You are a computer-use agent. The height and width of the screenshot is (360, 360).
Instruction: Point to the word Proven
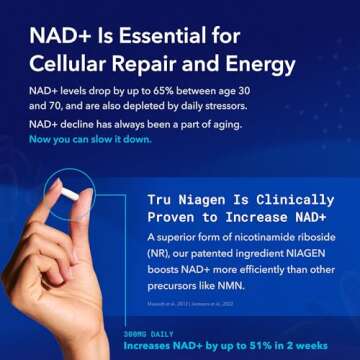point(160,219)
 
